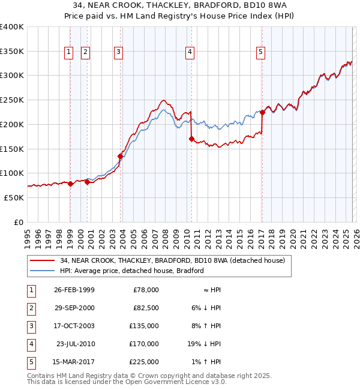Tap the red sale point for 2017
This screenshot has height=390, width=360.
coord(262,112)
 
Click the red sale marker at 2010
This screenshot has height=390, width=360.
coord(191,139)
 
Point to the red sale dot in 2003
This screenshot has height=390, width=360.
coord(120,156)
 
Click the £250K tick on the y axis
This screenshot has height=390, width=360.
coord(12,100)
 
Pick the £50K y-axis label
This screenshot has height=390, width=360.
coord(14,197)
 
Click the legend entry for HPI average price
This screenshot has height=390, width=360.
coord(132,271)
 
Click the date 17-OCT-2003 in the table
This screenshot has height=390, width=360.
coord(74,326)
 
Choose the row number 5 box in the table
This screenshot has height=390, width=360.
coord(30,362)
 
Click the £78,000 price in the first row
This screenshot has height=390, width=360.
coord(146,290)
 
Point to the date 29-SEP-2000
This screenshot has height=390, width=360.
coord(74,308)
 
